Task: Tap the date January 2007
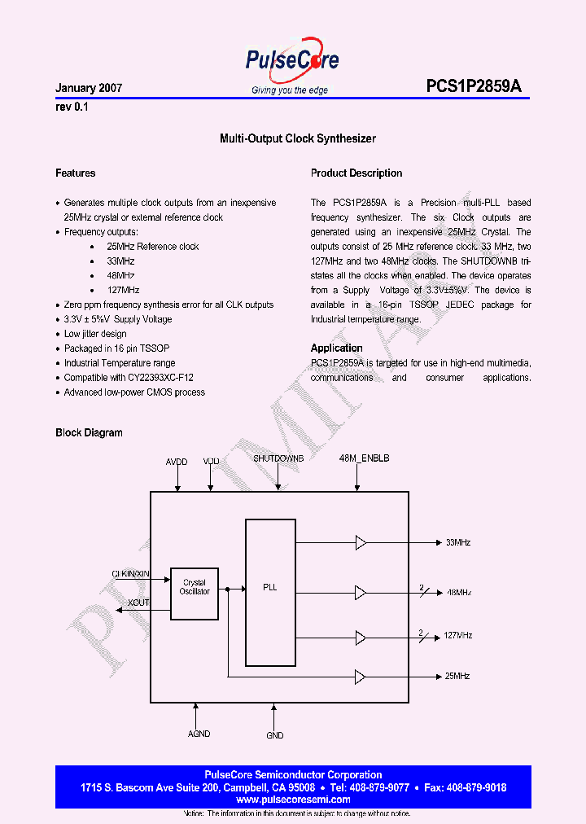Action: [89, 88]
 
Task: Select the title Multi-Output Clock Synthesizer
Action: [298, 139]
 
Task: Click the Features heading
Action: [76, 173]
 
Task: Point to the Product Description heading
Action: [356, 173]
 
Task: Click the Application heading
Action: [337, 348]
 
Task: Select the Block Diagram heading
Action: [89, 433]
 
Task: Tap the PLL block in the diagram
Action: [269, 587]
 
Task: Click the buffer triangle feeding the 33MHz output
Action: [361, 542]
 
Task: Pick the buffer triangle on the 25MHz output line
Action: [361, 676]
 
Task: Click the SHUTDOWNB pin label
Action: [278, 459]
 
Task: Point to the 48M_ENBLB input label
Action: [365, 459]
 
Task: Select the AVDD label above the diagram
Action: [177, 462]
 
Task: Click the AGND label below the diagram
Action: [199, 734]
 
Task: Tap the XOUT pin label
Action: [138, 603]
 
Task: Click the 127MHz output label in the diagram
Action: [459, 635]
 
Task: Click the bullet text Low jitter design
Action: [95, 334]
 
